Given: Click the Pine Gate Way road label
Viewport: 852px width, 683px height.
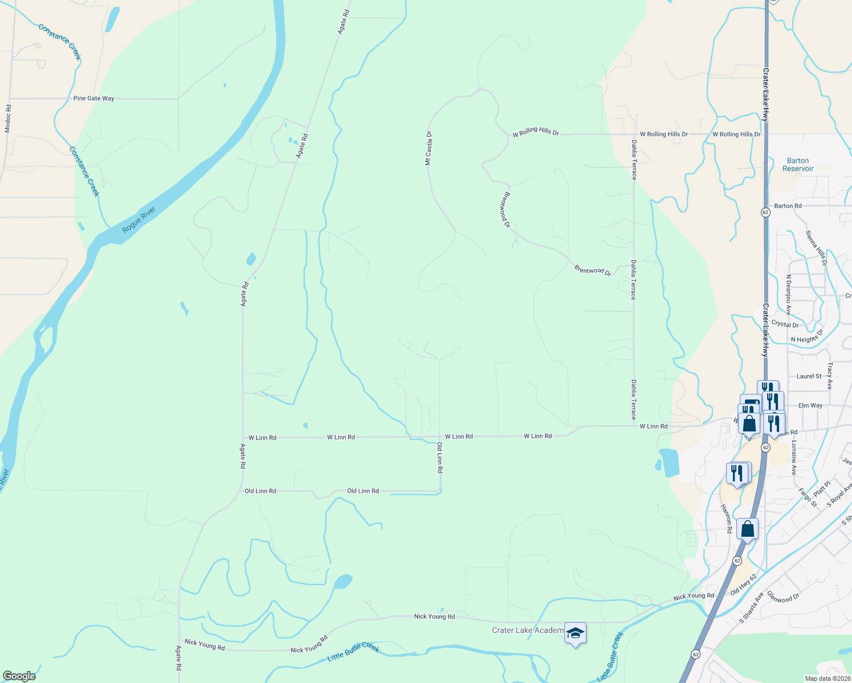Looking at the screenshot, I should (94, 98).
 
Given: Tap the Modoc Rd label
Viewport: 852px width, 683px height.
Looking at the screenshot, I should (8, 118).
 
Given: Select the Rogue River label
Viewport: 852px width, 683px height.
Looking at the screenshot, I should (139, 220).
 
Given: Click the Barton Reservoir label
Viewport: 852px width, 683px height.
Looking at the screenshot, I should (798, 164).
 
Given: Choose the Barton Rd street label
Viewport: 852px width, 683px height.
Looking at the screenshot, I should (788, 206).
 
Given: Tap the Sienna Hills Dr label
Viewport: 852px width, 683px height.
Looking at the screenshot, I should (816, 248).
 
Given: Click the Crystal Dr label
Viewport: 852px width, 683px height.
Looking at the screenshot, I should (785, 324).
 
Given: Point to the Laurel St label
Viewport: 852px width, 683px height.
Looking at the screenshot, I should (809, 376).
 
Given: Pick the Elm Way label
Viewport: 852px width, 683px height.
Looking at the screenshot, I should (810, 405).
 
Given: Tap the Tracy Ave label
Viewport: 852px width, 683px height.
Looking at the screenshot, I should (830, 376).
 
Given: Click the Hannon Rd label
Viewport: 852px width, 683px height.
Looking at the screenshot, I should (726, 519).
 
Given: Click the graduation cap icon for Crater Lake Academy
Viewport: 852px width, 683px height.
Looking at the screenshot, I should (575, 633).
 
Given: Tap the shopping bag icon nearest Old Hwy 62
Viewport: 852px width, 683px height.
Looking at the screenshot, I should (747, 529).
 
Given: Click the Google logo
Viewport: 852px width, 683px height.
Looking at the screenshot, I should (19, 676).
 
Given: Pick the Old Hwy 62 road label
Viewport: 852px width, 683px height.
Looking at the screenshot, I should (743, 585).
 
